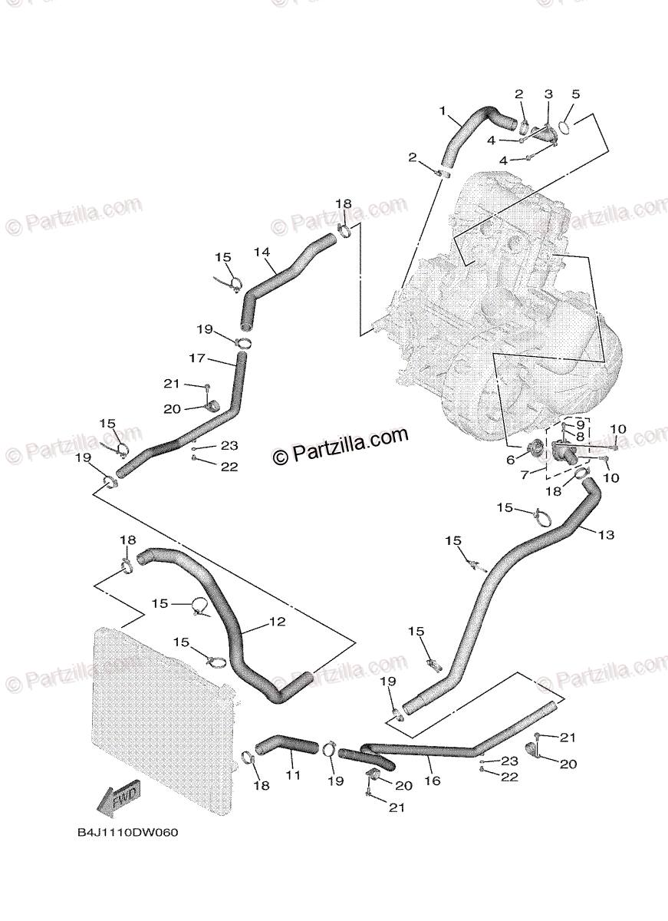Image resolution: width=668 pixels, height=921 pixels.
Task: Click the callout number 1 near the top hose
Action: point(443,111)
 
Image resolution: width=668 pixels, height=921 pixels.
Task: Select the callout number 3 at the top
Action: point(548,94)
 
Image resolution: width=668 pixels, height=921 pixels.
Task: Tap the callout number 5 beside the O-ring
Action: point(576,94)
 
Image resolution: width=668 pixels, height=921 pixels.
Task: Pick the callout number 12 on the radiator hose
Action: point(277,622)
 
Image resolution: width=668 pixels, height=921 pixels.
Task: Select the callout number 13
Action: point(606,535)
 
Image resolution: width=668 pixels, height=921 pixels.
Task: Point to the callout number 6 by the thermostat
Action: point(511,460)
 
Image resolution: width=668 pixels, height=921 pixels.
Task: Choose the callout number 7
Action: point(524,475)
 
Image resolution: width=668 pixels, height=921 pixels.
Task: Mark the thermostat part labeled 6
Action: point(535,451)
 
